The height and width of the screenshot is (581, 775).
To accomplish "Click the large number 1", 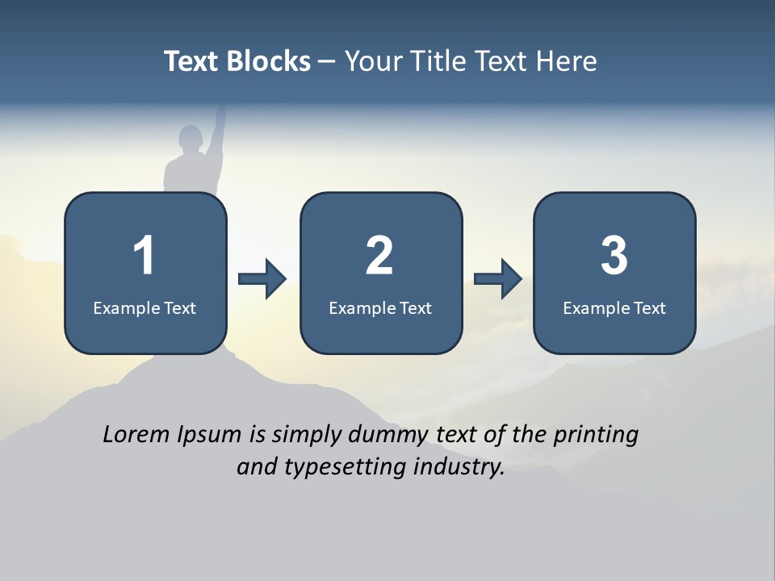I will [x=144, y=257].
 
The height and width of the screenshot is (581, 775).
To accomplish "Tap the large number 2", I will [x=379, y=257].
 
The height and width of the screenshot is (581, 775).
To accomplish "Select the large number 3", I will [x=614, y=257].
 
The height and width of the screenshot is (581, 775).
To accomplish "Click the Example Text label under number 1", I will [x=145, y=307].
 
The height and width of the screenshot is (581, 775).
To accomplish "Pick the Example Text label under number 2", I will [x=380, y=307].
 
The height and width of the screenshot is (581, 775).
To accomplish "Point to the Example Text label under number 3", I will [x=614, y=307].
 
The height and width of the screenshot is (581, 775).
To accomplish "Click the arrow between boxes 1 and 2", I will [x=262, y=278].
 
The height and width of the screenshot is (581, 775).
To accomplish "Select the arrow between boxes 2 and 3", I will [x=498, y=278].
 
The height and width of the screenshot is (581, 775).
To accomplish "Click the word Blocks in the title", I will [x=270, y=61].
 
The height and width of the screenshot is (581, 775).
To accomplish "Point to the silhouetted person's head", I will [x=190, y=139].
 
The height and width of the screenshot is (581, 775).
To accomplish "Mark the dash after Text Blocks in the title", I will [x=328, y=62].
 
